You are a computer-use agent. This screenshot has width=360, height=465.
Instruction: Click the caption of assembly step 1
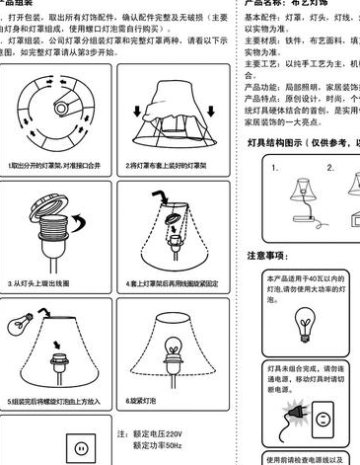58,166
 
